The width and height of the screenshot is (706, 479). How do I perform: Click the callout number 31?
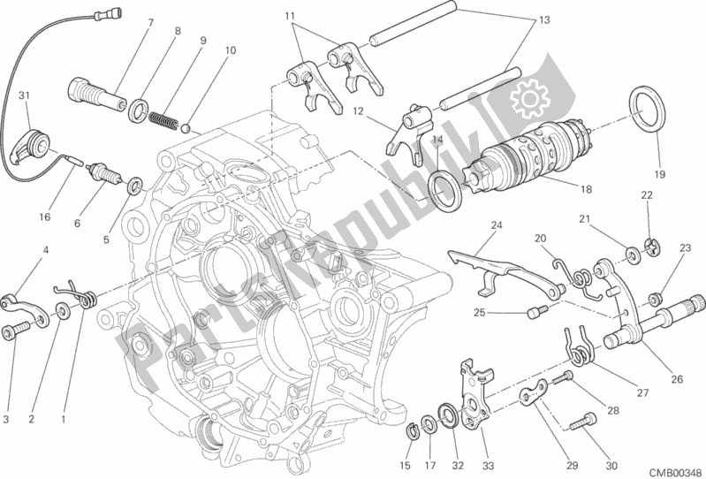pos(24,96)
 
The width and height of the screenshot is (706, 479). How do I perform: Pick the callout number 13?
pos(543,19)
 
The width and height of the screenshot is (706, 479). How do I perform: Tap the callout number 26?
pos(677,381)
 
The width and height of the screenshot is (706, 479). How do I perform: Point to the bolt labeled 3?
pos(15,332)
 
